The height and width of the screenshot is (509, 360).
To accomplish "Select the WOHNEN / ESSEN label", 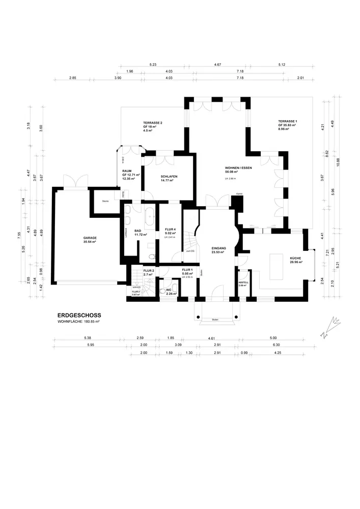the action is (238, 167).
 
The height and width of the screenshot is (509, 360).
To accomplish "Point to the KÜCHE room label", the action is (296, 259).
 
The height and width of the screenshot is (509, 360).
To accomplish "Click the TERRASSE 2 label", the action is (153, 123).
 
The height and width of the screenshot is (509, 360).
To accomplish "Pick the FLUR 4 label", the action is (170, 230).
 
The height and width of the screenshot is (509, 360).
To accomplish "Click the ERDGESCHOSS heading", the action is (79, 315).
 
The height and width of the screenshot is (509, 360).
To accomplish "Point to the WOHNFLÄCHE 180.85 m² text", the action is (78, 322).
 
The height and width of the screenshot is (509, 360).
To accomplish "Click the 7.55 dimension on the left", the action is (18, 235).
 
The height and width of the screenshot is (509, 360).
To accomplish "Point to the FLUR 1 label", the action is (187, 270).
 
